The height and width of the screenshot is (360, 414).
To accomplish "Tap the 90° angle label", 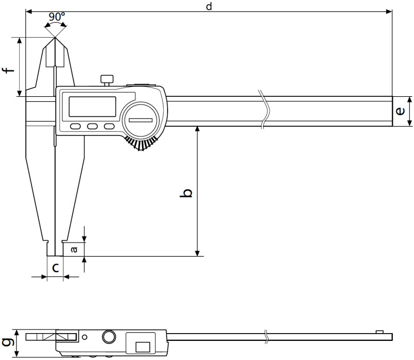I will coord(57,17).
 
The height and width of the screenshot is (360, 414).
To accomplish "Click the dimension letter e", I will coord(400,111).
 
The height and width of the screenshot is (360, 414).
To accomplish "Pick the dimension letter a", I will coord(74,249).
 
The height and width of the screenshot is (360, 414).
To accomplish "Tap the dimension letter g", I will coord(7,342).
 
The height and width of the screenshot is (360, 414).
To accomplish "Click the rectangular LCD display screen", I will coord(93,107).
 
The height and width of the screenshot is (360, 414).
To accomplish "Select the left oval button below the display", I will coord(76,126).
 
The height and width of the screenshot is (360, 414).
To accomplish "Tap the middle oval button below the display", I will coord(93,126).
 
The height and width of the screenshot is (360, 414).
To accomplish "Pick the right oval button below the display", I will coord(109,126).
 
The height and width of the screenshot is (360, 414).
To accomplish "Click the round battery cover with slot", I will coord(141,120).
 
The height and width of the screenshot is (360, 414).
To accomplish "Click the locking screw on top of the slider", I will coord(107,80).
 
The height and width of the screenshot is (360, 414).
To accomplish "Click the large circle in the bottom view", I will coord(109,337).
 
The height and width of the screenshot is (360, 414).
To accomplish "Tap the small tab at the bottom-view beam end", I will coord(379,332).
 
